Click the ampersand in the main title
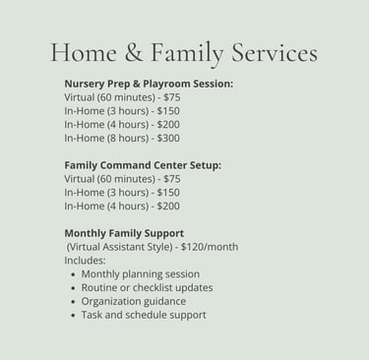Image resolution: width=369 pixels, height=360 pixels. [134, 53]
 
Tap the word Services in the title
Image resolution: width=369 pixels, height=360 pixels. [275, 52]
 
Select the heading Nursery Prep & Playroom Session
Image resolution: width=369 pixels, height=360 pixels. [149, 84]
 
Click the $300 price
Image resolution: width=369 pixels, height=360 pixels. [168, 138]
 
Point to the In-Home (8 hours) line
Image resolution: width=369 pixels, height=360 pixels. [122, 138]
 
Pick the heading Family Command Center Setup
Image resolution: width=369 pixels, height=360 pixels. [143, 165]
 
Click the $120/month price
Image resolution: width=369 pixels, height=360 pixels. [210, 247]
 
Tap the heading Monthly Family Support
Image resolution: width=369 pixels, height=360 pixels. [124, 233]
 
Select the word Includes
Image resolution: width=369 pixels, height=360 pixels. [85, 261]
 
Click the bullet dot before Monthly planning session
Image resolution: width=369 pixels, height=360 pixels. [73, 274]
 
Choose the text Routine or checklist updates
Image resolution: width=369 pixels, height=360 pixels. [147, 288]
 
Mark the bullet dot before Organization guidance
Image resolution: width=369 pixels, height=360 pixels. [73, 302]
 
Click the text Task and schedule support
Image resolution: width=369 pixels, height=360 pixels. [144, 315]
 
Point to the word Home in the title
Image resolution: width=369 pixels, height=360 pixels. [84, 53]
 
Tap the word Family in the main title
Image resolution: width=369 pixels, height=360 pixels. [187, 54]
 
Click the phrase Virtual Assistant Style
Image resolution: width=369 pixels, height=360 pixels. [119, 247]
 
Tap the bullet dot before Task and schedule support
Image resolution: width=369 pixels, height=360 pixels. [73, 316]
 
